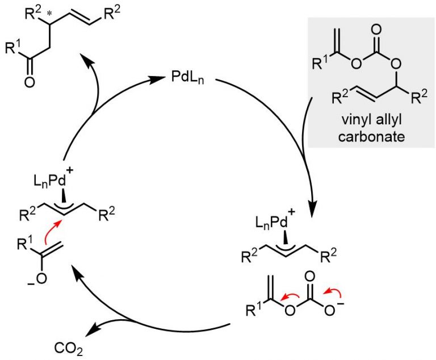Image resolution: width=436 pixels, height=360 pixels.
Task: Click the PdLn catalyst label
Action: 190,77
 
